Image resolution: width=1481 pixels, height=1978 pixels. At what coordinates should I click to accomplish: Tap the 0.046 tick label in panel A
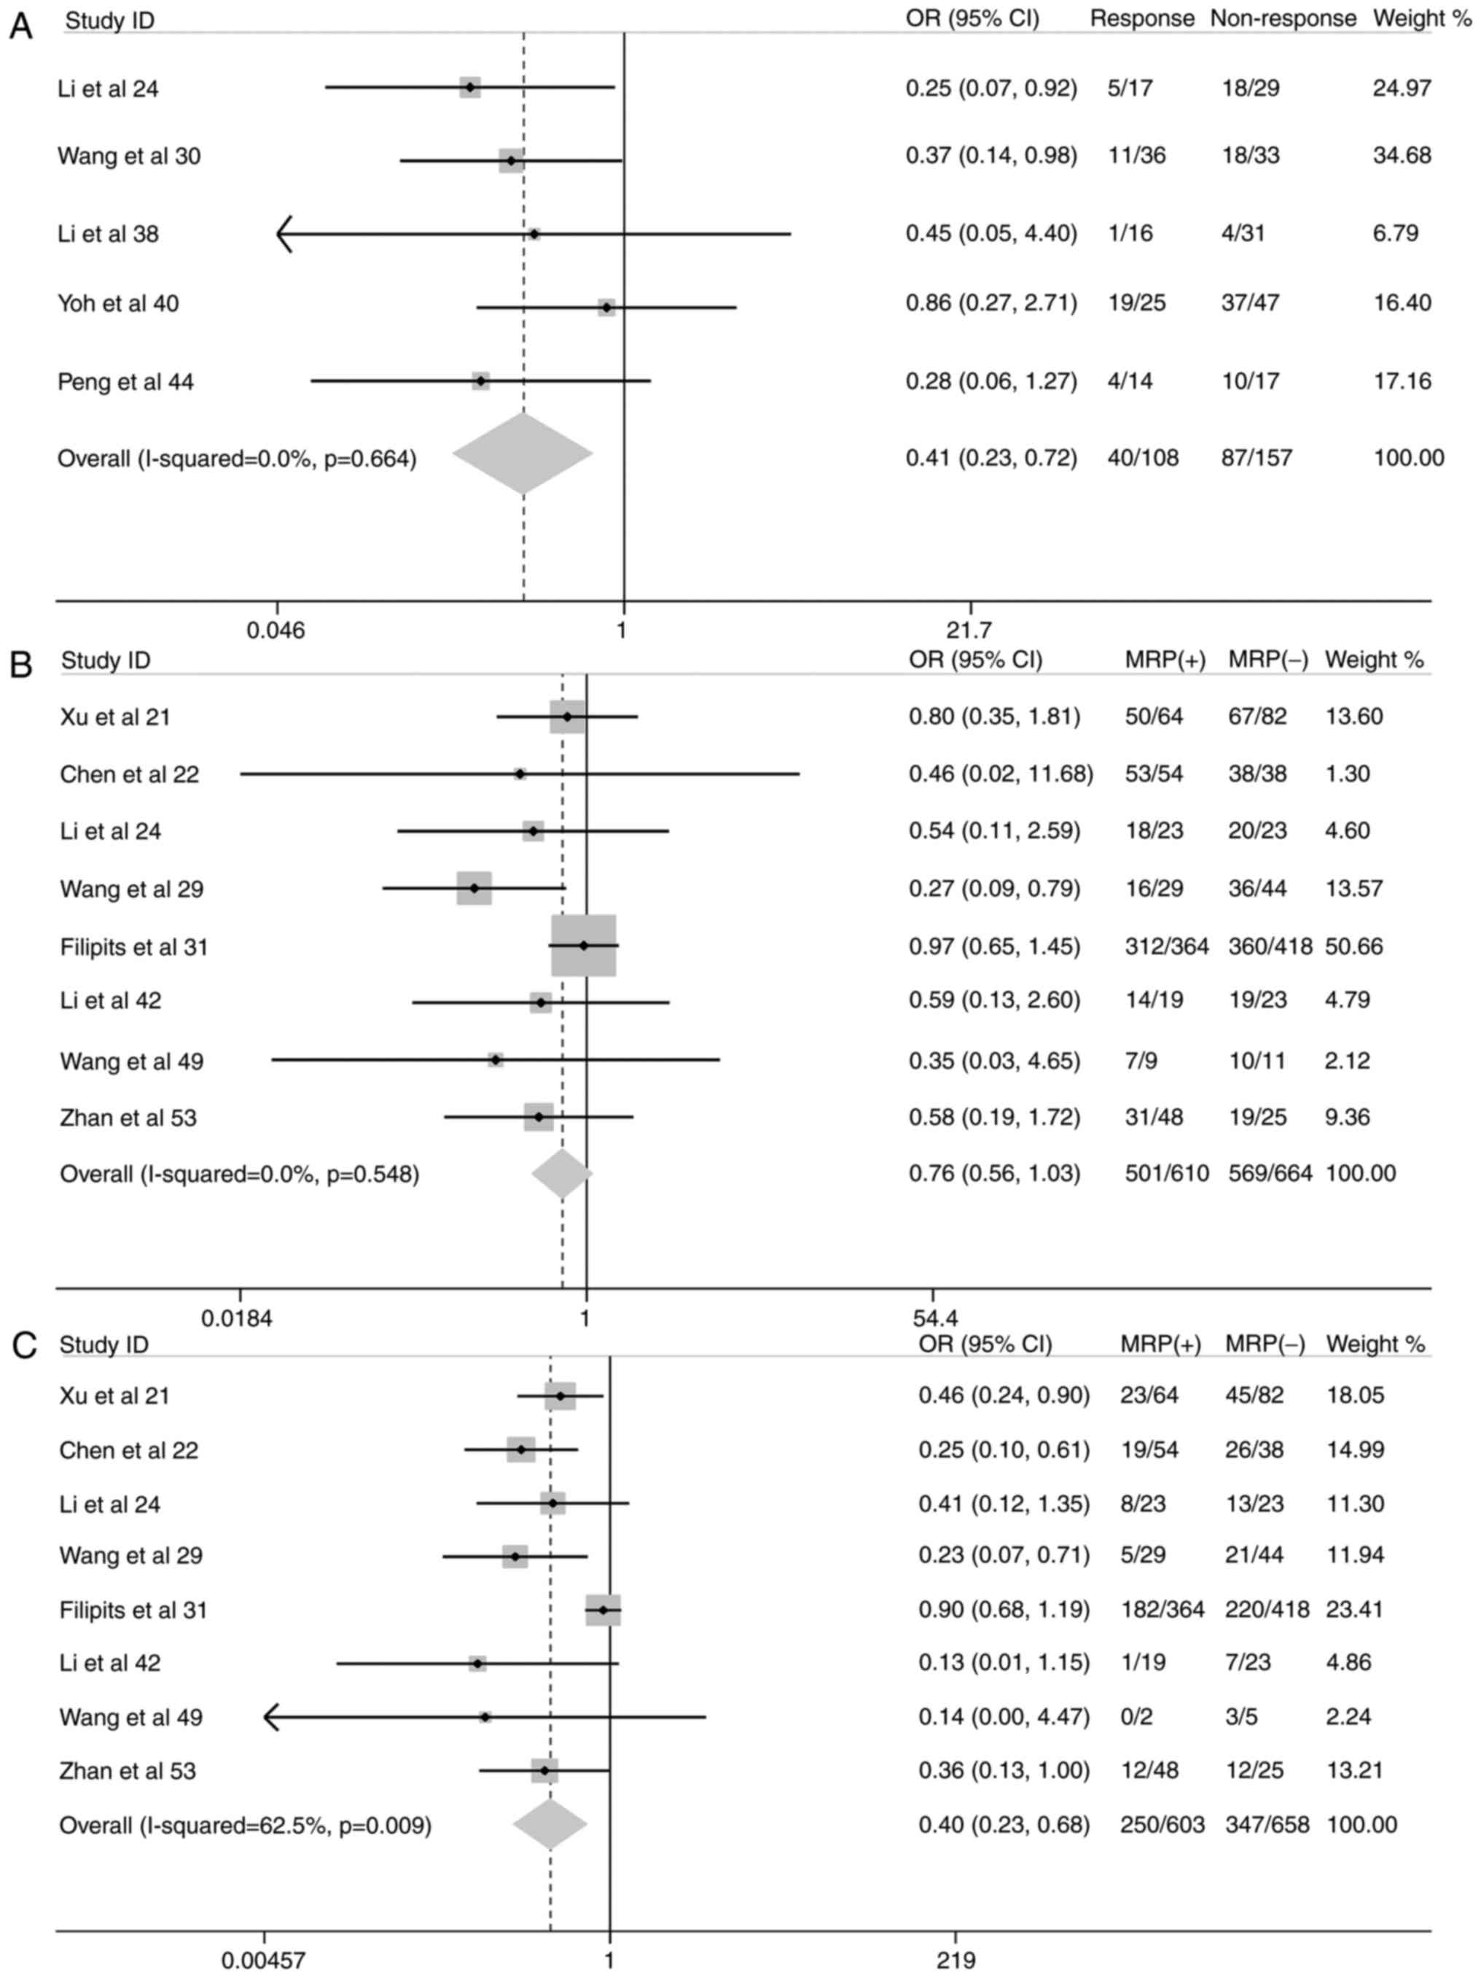[276, 631]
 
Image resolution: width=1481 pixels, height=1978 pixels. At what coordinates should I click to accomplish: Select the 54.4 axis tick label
[935, 1319]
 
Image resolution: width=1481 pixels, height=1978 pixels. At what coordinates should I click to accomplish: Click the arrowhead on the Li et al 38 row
[284, 234]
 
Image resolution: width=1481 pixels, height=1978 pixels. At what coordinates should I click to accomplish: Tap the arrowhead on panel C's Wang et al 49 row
[271, 1716]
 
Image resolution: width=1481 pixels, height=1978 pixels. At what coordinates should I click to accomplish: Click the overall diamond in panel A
[523, 453]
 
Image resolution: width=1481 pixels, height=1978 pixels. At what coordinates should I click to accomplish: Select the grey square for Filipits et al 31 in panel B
[584, 945]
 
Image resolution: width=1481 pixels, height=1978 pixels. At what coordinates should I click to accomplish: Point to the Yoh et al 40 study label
[118, 304]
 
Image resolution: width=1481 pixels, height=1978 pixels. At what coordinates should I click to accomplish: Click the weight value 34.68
[1402, 155]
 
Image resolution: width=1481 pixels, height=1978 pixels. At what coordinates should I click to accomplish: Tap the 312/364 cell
[1166, 946]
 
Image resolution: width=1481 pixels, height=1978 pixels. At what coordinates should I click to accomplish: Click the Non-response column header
[1283, 19]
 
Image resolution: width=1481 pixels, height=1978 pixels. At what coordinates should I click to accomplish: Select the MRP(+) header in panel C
[1160, 1343]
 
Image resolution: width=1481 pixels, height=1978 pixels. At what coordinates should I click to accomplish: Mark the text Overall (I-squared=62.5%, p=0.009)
[245, 1825]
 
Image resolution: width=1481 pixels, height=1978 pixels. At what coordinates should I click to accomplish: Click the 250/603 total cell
[1162, 1824]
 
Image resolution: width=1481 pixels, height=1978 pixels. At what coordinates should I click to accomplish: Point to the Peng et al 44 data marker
[481, 382]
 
